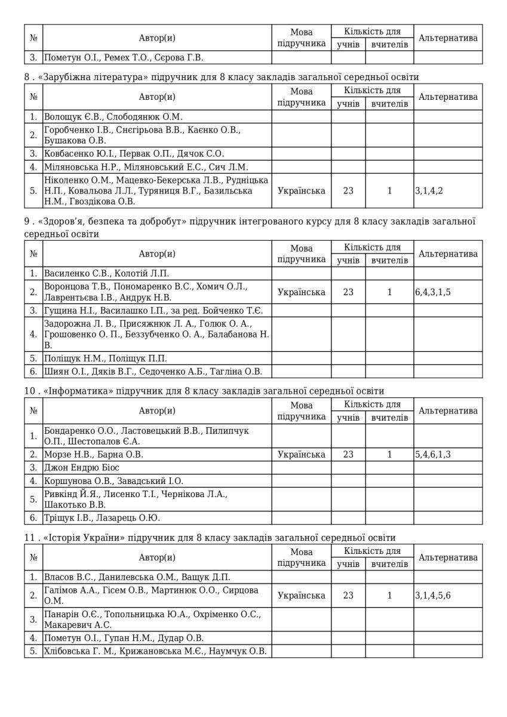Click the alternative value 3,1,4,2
coord(429,191)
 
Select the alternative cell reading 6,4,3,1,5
coord(438,292)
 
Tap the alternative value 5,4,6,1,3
coord(433,455)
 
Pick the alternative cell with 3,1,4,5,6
coord(433,596)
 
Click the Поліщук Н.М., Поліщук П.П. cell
coord(105,358)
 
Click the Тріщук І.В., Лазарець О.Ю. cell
coord(102,518)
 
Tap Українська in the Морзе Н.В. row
coord(302,455)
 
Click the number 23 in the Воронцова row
coord(348,292)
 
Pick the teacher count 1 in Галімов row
coord(389,596)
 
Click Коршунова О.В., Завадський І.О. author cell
coord(114,480)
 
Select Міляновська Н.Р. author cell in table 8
coord(146,167)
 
